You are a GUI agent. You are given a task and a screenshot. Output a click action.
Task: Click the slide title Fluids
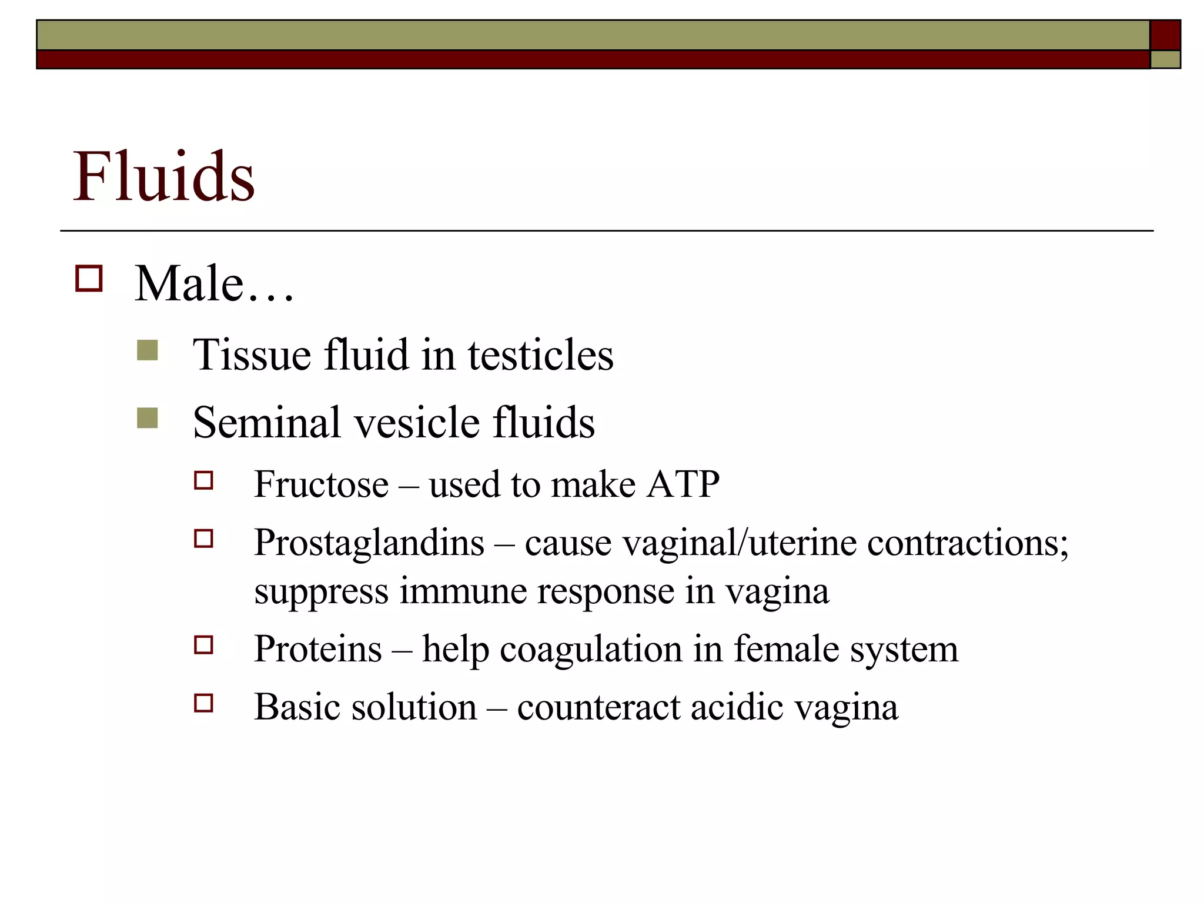163,176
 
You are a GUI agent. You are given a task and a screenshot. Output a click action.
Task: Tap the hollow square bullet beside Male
89,279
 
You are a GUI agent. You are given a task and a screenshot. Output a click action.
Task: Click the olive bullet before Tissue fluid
147,350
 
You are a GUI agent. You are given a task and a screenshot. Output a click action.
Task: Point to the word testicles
540,355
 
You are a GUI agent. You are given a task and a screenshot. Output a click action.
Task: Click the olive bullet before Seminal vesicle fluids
147,418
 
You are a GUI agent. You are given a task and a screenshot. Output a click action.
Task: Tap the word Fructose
321,484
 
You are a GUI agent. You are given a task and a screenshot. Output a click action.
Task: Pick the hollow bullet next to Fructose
203,481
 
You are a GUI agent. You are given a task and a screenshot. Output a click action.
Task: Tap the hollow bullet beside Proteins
203,646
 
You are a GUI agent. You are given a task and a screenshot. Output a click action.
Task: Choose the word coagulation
591,650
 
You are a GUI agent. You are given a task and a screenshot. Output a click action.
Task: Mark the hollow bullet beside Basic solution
203,703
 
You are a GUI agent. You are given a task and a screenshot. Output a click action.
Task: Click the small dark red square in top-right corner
1165,35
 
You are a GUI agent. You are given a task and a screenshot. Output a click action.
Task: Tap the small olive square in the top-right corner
1165,59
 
